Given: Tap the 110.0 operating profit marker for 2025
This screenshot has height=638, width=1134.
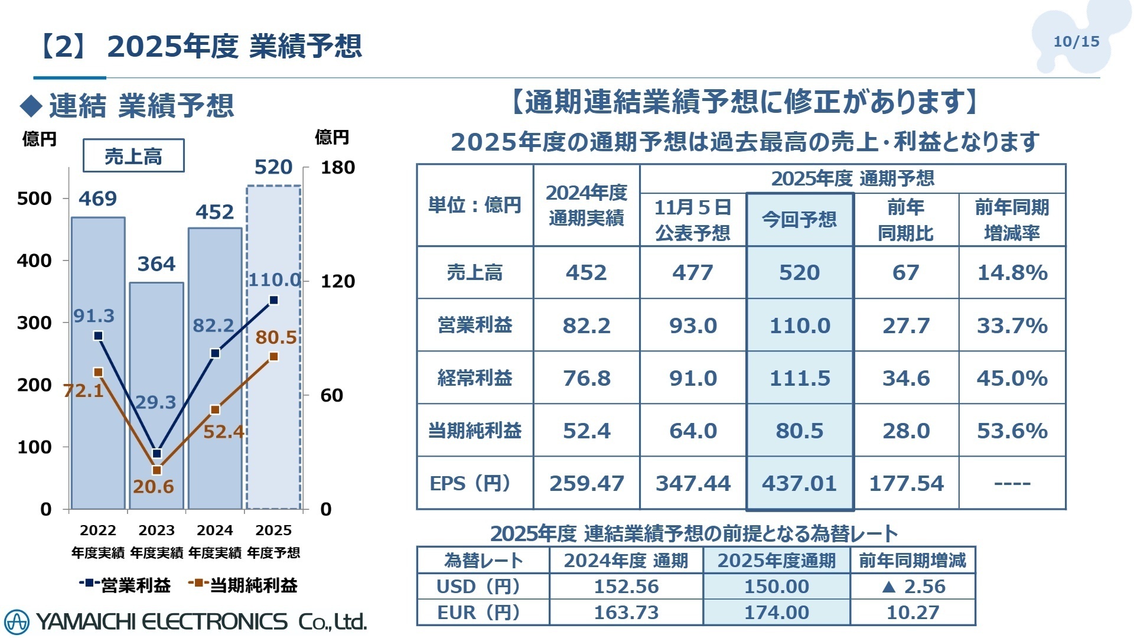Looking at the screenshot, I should pyautogui.click(x=273, y=300).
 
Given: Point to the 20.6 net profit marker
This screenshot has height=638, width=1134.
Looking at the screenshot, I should pyautogui.click(x=157, y=471).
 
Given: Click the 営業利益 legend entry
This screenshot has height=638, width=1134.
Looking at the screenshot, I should pyautogui.click(x=125, y=585).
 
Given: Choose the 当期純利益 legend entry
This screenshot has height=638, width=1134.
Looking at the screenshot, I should pyautogui.click(x=243, y=585).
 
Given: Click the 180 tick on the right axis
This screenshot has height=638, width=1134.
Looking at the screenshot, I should pyautogui.click(x=337, y=168).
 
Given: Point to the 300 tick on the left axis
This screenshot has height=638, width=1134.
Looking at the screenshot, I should pyautogui.click(x=34, y=323).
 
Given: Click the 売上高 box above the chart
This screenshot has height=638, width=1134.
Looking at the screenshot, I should pyautogui.click(x=133, y=156).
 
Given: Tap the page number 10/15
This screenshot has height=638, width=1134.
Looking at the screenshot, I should pyautogui.click(x=1076, y=41).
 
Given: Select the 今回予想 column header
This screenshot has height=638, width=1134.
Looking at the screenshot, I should pyautogui.click(x=800, y=220).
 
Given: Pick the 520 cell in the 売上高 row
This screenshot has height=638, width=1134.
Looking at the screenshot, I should pyautogui.click(x=800, y=272).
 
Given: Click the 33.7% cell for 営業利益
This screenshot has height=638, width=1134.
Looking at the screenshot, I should pyautogui.click(x=1012, y=325).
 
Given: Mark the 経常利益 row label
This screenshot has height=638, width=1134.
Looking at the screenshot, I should pyautogui.click(x=474, y=378).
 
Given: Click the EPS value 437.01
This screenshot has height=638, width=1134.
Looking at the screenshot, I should pyautogui.click(x=800, y=484).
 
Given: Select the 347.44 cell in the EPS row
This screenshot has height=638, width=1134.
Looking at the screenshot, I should pyautogui.click(x=693, y=484).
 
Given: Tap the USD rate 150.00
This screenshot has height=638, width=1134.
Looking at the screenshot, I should pyautogui.click(x=776, y=587).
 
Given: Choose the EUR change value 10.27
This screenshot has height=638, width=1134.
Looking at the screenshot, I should pyautogui.click(x=913, y=613).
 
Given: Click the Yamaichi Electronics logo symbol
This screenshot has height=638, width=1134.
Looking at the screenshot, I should pyautogui.click(x=16, y=621).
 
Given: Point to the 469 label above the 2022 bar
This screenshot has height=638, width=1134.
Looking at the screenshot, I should pyautogui.click(x=97, y=198).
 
